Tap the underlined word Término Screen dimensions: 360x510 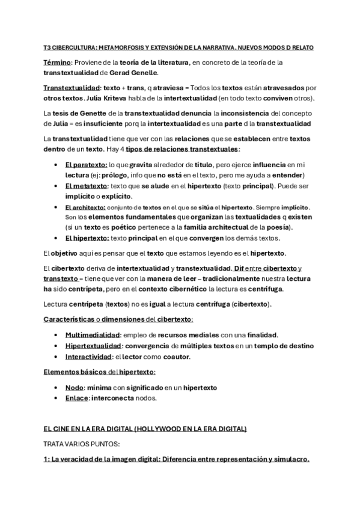[x=57, y=62]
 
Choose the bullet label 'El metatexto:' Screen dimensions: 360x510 [x=85, y=186]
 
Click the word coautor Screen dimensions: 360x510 [x=177, y=357]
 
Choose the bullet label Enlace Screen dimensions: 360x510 [x=76, y=398]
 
